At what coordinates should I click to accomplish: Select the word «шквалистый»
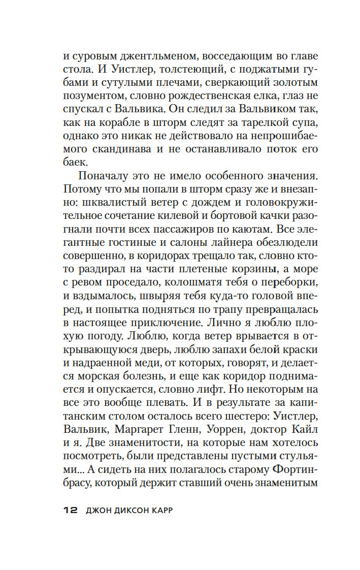pos(102,203)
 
